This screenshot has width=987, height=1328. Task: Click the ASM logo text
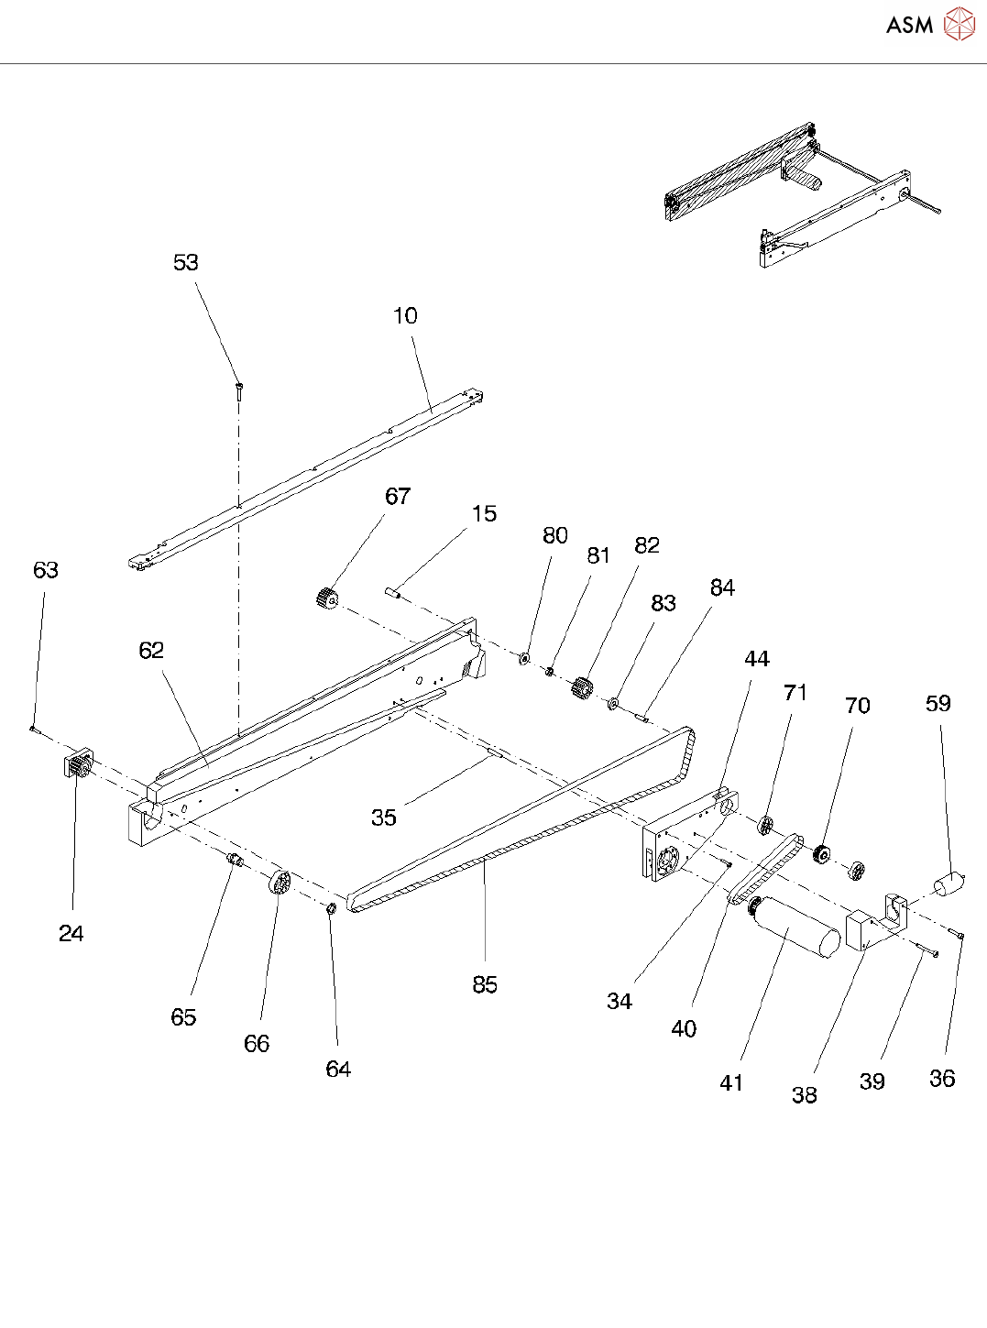(909, 25)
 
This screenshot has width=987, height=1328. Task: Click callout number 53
(186, 263)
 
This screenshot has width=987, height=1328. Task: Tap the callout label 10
(405, 316)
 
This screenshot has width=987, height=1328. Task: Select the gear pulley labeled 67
(325, 599)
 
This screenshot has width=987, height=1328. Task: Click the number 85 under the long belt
(485, 984)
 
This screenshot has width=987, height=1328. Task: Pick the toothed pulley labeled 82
(580, 687)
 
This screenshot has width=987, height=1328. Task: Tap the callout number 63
(46, 570)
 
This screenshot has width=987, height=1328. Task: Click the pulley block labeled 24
(78, 765)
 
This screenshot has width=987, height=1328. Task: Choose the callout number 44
(757, 659)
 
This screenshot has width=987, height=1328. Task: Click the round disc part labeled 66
(280, 884)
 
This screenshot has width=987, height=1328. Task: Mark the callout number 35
(384, 818)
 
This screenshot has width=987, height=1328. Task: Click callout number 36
(942, 1079)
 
